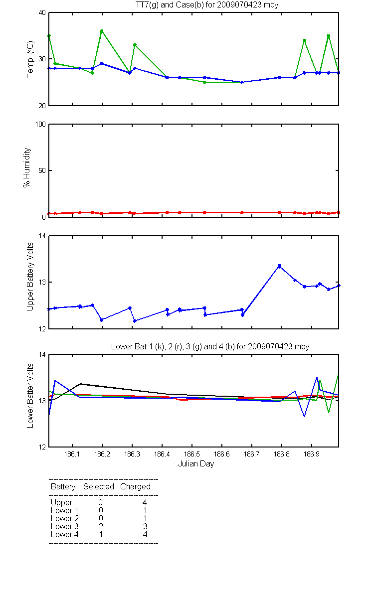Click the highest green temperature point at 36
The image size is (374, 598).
coord(102,31)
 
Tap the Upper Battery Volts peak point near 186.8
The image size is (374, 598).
coord(279,266)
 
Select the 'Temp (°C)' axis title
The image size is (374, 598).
coord(30,59)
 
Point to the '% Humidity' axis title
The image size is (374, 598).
coord(27,167)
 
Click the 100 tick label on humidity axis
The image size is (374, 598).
coord(40,124)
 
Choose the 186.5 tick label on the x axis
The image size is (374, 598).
coord(192,454)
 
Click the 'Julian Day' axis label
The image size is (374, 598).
coord(196,464)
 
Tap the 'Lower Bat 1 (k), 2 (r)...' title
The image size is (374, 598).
coord(210,346)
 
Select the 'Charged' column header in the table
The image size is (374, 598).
coord(135,487)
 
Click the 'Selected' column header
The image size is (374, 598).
coord(99,486)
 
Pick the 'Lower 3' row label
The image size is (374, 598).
coord(65,526)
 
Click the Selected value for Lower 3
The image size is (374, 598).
coord(101,526)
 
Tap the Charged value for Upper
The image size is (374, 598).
coord(145,502)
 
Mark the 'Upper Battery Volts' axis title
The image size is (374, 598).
coord(30,277)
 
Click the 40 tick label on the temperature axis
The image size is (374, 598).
coord(42,13)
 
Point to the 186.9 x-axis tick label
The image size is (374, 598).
coord(312,454)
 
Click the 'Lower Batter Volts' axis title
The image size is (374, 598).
coord(30,396)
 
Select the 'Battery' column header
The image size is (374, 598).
coord(63,487)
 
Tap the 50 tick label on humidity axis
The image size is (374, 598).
coord(42,170)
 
